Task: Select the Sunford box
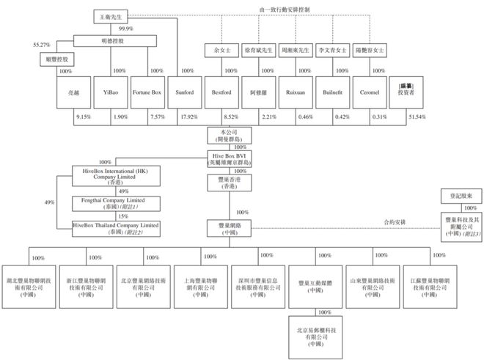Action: (184, 93)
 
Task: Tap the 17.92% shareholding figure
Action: (188, 117)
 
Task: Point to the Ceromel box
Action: (369, 93)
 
